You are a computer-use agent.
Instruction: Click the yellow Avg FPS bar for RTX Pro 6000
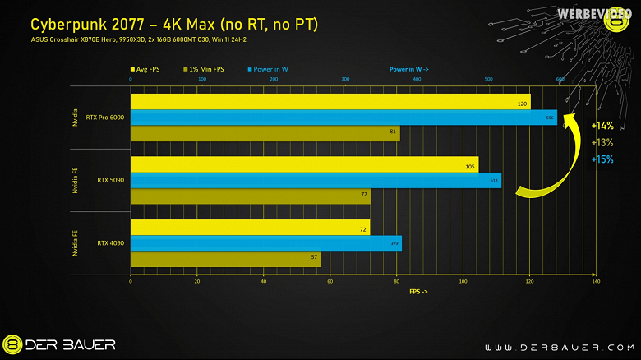coord(329,102)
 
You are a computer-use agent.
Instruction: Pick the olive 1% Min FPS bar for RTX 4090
coord(225,260)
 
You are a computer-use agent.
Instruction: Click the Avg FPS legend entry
coord(146,70)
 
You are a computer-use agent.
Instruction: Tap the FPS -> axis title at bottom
coord(417,292)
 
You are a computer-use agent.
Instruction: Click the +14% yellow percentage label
coord(602,126)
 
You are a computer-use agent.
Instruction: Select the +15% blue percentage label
coord(602,159)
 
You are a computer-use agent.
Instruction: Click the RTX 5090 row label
coord(110,180)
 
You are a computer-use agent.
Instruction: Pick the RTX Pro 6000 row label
coord(104,118)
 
